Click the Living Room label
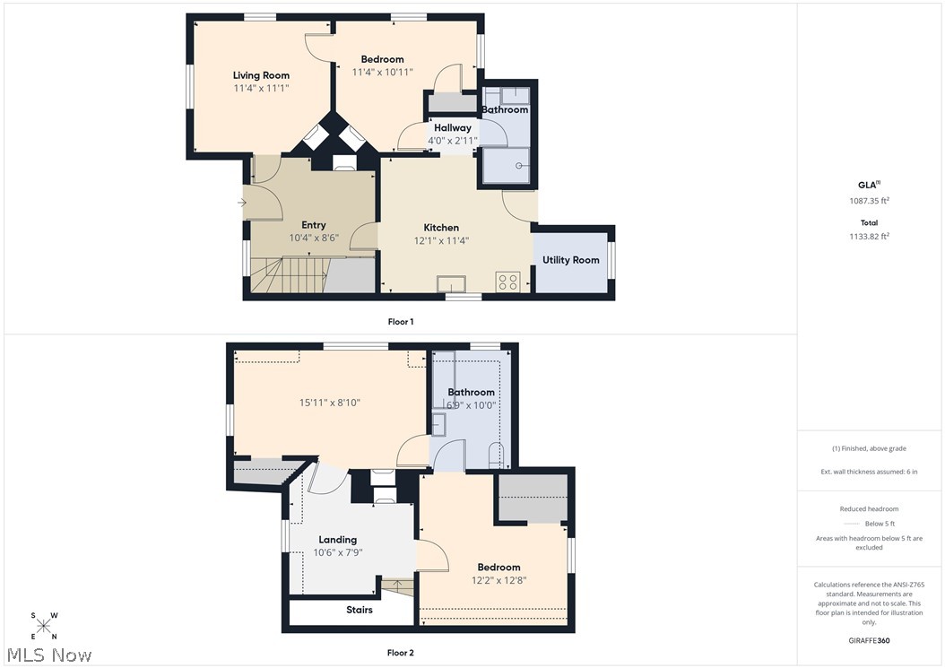pyautogui.click(x=261, y=75)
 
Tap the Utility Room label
pyautogui.click(x=570, y=260)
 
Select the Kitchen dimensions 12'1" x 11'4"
pyautogui.click(x=441, y=240)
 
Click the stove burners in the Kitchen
pyautogui.click(x=507, y=282)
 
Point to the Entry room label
pyautogui.click(x=314, y=225)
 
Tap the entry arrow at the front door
pyautogui.click(x=242, y=203)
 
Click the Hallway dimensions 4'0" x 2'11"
pyautogui.click(x=453, y=141)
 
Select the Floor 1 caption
pyautogui.click(x=400, y=321)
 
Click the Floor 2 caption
pyautogui.click(x=400, y=653)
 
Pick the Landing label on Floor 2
pyautogui.click(x=338, y=540)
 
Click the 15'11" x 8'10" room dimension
pyautogui.click(x=330, y=403)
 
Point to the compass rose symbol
pyautogui.click(x=44, y=626)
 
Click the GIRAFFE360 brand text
pyautogui.click(x=869, y=641)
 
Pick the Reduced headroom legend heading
pyautogui.click(x=869, y=508)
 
